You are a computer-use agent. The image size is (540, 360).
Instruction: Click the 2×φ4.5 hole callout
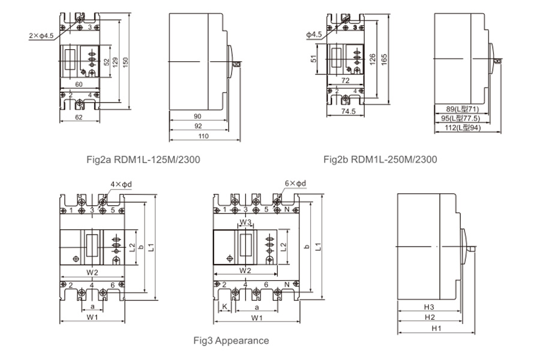[41, 35]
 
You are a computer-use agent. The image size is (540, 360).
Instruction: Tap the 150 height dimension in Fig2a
[126, 62]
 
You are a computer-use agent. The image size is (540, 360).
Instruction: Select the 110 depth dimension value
[203, 136]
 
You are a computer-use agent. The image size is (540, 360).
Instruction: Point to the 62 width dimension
[79, 117]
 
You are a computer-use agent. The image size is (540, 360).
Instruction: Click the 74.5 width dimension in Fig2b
[348, 111]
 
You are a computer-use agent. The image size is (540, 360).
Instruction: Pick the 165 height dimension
[385, 59]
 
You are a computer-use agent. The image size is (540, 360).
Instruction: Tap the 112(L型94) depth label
[463, 128]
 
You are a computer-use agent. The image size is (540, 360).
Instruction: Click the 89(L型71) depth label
[463, 109]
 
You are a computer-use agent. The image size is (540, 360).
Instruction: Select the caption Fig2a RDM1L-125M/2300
[143, 160]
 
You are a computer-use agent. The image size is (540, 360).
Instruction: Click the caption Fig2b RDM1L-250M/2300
[380, 160]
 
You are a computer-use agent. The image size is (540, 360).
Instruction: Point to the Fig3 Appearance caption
[231, 341]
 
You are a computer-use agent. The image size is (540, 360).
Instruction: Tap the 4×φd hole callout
[121, 184]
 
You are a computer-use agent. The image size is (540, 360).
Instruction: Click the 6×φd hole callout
[295, 183]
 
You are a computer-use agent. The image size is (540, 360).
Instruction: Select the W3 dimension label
[245, 222]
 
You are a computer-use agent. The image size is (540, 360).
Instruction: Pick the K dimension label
[225, 307]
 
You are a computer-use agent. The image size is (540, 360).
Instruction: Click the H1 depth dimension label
[436, 328]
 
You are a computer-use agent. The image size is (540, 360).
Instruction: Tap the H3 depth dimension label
[429, 307]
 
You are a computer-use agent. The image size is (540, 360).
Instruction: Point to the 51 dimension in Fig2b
[313, 59]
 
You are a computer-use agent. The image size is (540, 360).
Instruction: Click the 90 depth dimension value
[197, 116]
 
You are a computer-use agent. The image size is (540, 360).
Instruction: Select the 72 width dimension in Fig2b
[346, 80]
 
